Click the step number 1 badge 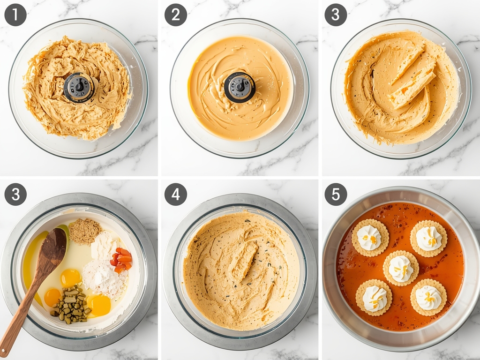[15, 15]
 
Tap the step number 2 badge [176, 15]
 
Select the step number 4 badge [176, 195]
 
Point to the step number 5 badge [336, 195]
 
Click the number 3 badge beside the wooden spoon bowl [15, 195]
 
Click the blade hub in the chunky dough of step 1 [79, 87]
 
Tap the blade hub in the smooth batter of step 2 [240, 87]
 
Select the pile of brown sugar [85, 231]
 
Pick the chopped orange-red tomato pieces [121, 260]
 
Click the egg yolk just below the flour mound [100, 305]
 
